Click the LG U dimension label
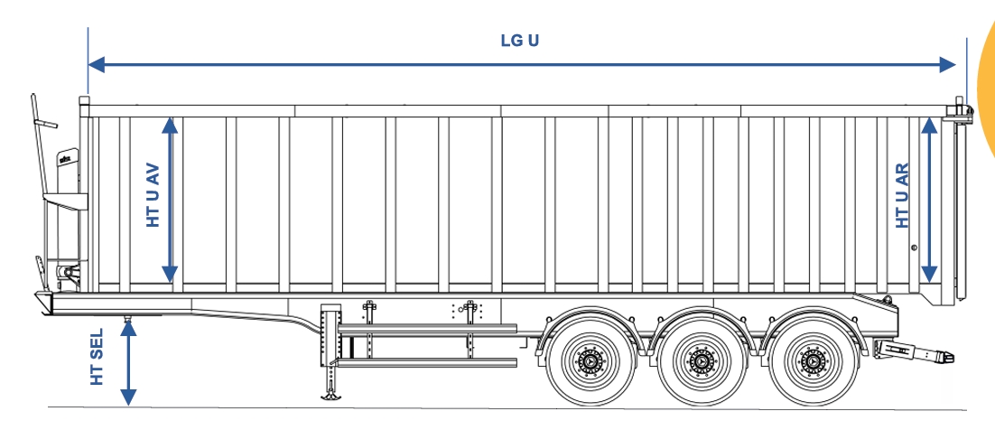[x=520, y=41]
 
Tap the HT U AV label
[x=153, y=196]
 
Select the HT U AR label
[x=902, y=196]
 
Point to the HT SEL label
[x=97, y=356]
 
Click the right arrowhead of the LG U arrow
[x=947, y=64]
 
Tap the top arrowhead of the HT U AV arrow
[x=170, y=126]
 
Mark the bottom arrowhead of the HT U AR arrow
[x=929, y=274]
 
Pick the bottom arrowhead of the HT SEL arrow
[x=128, y=397]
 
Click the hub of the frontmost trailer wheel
[x=590, y=361]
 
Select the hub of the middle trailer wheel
[x=702, y=361]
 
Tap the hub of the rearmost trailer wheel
[x=813, y=361]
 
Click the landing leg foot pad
[x=331, y=397]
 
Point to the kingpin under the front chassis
[x=127, y=317]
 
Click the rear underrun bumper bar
[x=915, y=351]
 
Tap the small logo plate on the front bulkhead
[x=67, y=157]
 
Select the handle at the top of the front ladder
[x=46, y=122]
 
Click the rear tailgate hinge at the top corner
[x=959, y=109]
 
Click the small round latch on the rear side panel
[x=914, y=248]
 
